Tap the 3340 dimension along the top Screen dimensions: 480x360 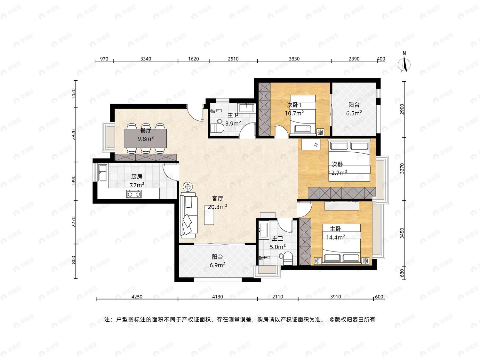click(146, 59)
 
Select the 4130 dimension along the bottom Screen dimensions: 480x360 click(217, 297)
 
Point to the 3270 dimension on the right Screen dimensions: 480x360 click(402, 169)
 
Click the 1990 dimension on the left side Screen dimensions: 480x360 click(74, 181)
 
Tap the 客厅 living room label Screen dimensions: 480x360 click(217, 198)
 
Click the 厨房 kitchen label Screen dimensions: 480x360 click(137, 176)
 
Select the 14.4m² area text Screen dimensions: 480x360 click(336, 237)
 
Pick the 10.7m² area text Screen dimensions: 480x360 click(294, 113)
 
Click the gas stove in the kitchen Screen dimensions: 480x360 click(134, 194)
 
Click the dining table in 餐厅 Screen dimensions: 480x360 click(146, 138)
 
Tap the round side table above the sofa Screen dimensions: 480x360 click(188, 187)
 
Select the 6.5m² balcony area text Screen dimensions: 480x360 click(354, 113)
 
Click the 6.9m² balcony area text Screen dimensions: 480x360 click(217, 265)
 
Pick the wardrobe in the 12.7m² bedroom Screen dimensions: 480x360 click(342, 193)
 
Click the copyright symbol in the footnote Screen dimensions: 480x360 click(332, 320)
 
